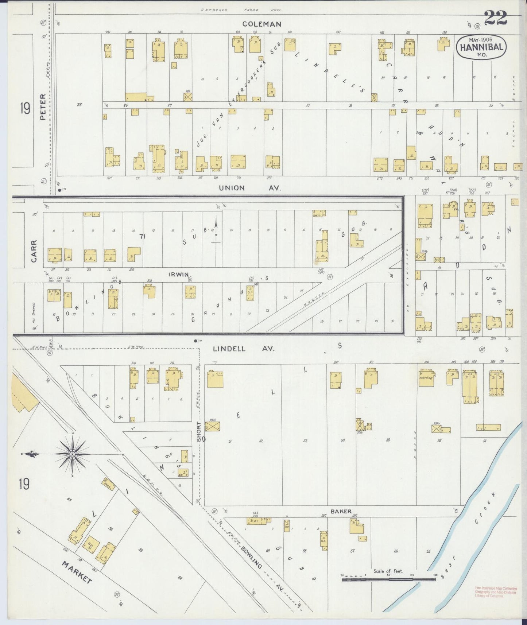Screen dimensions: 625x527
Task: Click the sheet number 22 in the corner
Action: [496, 18]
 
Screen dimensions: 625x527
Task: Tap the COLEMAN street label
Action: [262, 24]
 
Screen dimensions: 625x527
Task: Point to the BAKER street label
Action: [341, 511]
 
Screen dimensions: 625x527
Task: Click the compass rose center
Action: [73, 454]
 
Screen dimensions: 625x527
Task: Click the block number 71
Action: [142, 237]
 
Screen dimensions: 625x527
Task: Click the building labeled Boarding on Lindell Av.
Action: [426, 378]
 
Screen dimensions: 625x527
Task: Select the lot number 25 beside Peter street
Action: [79, 105]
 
